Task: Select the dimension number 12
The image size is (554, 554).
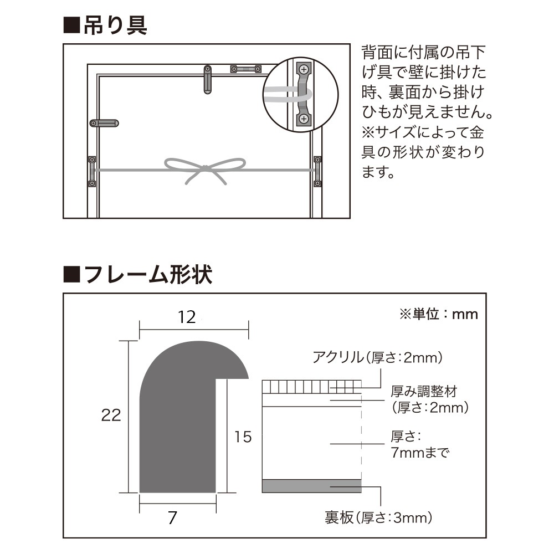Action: click(x=188, y=317)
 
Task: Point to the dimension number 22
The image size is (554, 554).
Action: click(x=111, y=415)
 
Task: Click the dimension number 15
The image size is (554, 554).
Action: click(x=243, y=437)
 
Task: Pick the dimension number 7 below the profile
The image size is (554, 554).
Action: click(x=172, y=518)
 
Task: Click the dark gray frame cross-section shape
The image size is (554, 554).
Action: click(x=177, y=421)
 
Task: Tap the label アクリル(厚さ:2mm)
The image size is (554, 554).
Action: click(x=377, y=358)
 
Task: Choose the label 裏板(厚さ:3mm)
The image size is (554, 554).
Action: click(x=378, y=518)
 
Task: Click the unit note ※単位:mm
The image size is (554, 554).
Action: click(x=438, y=314)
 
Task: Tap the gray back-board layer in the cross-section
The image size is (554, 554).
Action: click(x=311, y=485)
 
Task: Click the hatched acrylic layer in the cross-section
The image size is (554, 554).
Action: click(x=311, y=386)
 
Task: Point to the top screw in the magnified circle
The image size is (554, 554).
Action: click(x=303, y=70)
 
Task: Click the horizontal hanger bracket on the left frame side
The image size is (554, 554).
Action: click(x=105, y=123)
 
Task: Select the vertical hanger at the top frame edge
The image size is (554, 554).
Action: click(x=207, y=79)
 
